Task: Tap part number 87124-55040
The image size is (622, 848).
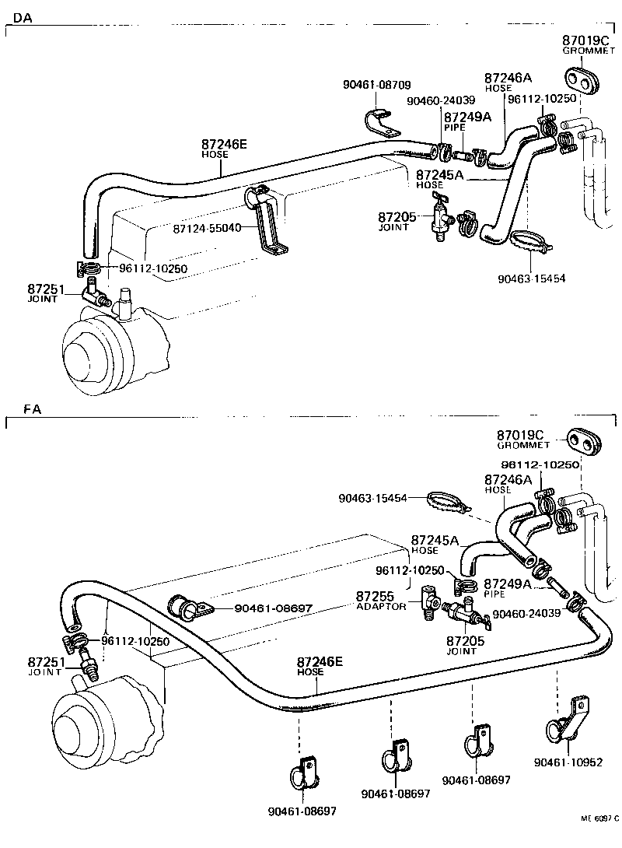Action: pos(208,228)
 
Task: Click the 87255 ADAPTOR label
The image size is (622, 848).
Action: pos(381,601)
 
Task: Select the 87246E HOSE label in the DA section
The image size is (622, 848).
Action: pos(225,148)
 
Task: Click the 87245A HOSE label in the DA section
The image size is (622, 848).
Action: pos(439,179)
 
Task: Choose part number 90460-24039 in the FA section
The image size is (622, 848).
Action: pos(526,613)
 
